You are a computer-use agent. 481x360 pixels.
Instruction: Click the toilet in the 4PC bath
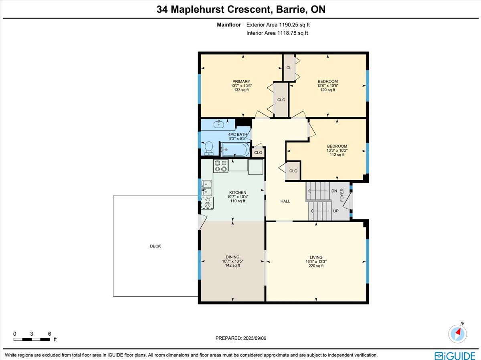click(x=208, y=148)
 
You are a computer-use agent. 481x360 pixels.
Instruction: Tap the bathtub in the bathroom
click(x=235, y=149)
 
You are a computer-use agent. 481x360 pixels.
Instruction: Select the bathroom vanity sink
click(x=219, y=124)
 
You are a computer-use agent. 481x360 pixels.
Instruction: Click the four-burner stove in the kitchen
click(x=221, y=166)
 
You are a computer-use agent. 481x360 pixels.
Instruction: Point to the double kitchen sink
click(x=207, y=188)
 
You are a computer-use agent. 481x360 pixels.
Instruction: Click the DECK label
click(x=156, y=246)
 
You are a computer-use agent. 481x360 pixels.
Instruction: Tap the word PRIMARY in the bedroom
click(x=241, y=81)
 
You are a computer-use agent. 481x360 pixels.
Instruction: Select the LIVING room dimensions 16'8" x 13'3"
click(x=316, y=261)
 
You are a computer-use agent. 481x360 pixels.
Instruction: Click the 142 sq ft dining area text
click(x=232, y=265)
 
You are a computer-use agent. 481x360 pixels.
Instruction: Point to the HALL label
click(x=285, y=201)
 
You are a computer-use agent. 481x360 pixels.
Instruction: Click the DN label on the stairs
click(x=334, y=191)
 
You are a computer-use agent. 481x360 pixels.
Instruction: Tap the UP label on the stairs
click(x=336, y=211)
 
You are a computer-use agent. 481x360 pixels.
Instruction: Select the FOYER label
click(x=342, y=195)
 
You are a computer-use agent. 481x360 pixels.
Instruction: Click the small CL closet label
click(x=289, y=68)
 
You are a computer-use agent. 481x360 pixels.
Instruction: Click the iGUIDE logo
click(x=455, y=356)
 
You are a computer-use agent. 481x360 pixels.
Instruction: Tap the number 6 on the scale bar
click(x=50, y=334)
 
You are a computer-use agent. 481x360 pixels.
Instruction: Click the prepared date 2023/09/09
click(x=255, y=338)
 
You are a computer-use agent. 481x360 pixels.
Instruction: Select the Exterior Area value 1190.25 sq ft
click(x=294, y=25)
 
